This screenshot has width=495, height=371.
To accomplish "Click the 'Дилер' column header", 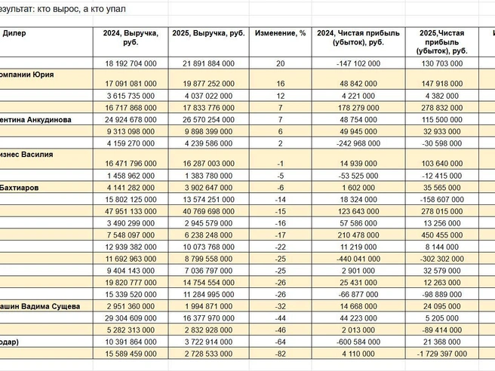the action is click(14, 33).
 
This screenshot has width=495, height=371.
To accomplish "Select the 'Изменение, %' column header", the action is click(281, 33).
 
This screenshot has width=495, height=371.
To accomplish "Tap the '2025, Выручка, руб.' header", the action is click(209, 33).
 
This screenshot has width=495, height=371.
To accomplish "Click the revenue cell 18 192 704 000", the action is click(131, 63).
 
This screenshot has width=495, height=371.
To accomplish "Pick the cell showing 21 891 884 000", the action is click(209, 63).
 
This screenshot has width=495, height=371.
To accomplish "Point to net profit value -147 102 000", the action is click(358, 63).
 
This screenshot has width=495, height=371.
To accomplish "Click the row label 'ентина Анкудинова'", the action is click(35, 120).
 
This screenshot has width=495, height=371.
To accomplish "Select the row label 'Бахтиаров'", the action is click(19, 188).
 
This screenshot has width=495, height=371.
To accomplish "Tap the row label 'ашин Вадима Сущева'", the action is click(39, 306).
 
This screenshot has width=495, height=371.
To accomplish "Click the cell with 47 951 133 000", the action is click(131, 211).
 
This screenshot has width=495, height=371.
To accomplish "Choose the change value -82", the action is click(281, 354).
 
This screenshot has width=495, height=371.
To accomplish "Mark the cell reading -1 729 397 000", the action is click(442, 354).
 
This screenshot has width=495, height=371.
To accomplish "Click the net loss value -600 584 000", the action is click(358, 342).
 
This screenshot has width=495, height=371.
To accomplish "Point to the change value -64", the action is click(281, 342).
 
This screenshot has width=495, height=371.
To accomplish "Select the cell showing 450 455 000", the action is click(442, 235).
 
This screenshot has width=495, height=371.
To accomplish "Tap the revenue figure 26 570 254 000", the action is click(209, 120).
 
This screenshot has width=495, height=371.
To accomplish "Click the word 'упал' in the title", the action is click(116, 9).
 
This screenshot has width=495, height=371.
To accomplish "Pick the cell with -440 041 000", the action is click(358, 259).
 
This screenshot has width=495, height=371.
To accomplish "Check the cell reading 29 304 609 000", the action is click(131, 318).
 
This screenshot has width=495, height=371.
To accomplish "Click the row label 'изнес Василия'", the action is click(26, 155).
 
